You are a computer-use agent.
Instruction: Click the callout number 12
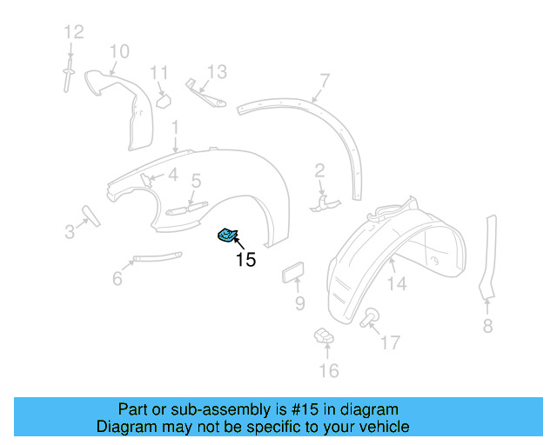coord(73,32)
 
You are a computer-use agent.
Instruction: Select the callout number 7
coord(324,82)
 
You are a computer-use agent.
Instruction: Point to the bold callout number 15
coord(246,259)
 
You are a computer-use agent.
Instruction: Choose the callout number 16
coord(327,371)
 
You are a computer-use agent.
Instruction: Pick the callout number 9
coord(299,302)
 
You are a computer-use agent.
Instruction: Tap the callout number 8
coord(487,326)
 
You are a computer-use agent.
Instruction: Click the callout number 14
coord(397,283)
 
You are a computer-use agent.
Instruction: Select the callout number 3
coord(70,231)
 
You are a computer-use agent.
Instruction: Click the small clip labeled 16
coord(323,335)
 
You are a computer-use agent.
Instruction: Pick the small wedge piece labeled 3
coord(91,215)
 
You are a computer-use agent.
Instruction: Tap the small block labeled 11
coord(162,100)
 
